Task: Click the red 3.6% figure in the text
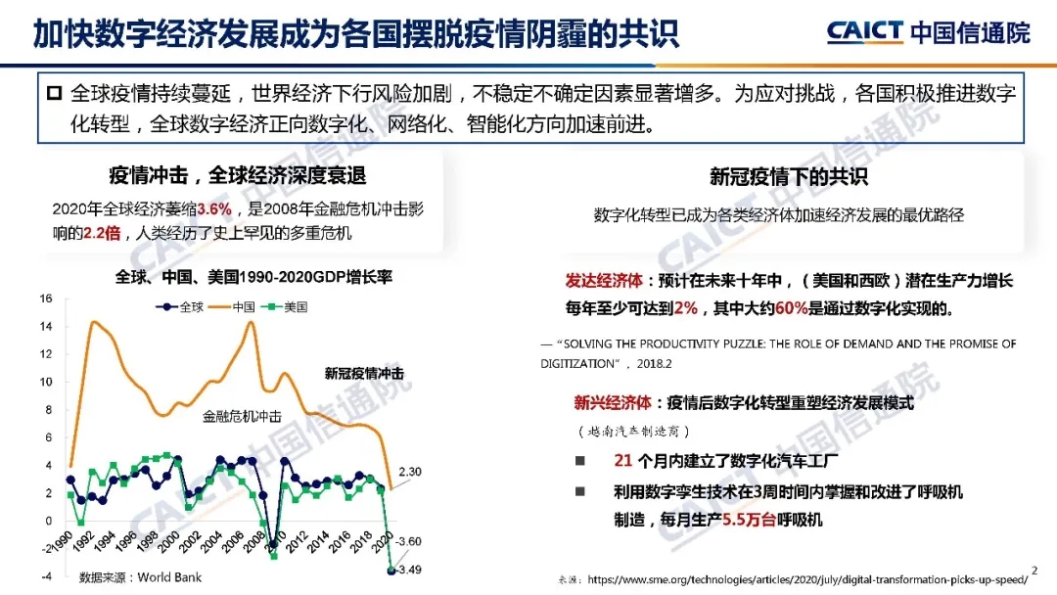click(213, 209)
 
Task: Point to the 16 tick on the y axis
click(45, 298)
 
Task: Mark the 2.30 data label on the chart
click(409, 473)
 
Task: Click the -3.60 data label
click(409, 540)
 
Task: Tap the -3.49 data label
click(409, 570)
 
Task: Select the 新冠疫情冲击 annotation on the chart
click(364, 373)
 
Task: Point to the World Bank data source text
click(140, 577)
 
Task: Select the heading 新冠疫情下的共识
click(788, 177)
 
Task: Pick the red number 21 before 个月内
click(622, 461)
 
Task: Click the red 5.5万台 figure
click(747, 520)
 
